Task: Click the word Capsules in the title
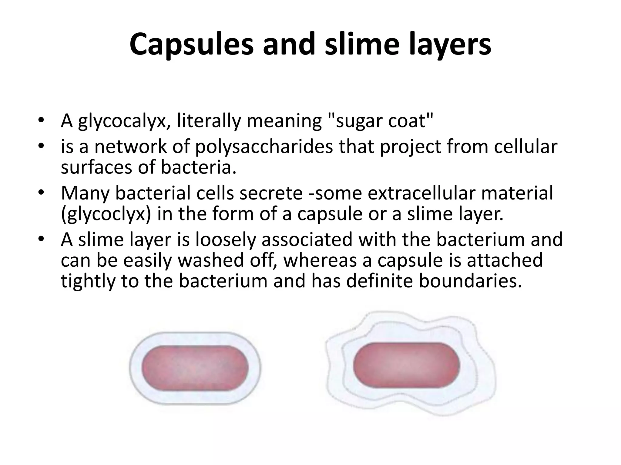point(191,45)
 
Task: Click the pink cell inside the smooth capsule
point(195,368)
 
